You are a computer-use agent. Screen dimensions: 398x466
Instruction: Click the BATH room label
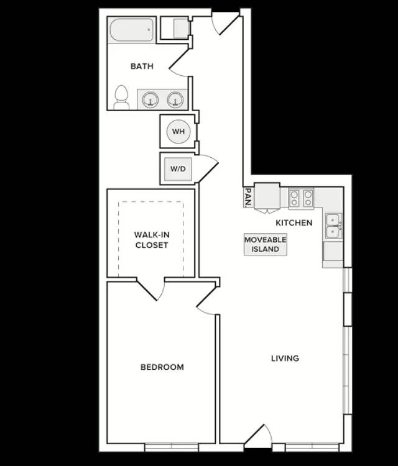[x=142, y=66]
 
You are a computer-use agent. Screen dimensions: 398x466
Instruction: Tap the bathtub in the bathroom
[x=132, y=30]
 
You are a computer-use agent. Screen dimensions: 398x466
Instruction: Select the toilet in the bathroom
[x=121, y=98]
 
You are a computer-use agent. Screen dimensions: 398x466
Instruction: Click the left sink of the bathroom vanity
[x=150, y=99]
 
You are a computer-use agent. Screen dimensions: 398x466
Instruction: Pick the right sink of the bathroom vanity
[x=175, y=99]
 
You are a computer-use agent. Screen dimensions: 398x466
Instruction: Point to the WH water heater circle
[x=178, y=131]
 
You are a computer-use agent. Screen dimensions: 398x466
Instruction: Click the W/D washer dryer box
[x=178, y=169]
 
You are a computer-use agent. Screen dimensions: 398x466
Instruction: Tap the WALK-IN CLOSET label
[x=152, y=240]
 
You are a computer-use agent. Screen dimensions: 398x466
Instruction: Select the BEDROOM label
[x=162, y=367]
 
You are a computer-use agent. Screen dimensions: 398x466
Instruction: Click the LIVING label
[x=285, y=358]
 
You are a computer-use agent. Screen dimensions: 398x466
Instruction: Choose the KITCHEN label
[x=294, y=222]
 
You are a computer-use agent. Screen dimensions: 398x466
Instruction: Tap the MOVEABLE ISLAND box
[x=266, y=244]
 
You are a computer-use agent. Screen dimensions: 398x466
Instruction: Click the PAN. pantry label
[x=248, y=198]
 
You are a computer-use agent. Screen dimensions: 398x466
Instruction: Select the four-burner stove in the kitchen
[x=301, y=199]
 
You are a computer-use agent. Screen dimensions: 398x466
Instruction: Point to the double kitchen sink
[x=333, y=226]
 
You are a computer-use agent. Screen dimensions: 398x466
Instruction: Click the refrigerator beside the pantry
[x=267, y=196]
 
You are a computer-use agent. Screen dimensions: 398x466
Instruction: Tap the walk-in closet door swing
[x=151, y=289]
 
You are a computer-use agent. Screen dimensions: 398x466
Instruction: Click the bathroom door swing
[x=179, y=62]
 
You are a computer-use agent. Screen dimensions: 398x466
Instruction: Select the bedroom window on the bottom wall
[x=172, y=447]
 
